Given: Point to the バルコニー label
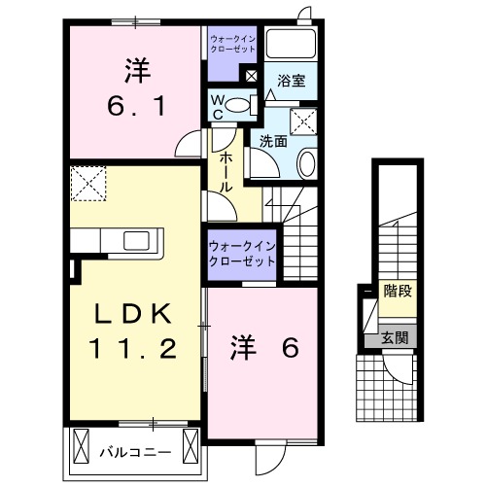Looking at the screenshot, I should pyautogui.click(x=135, y=451).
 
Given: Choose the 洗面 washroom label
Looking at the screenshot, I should pyautogui.click(x=272, y=141).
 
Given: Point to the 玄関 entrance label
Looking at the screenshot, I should pyautogui.click(x=394, y=339).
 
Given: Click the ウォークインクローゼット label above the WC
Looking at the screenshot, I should pyautogui.click(x=231, y=44).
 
